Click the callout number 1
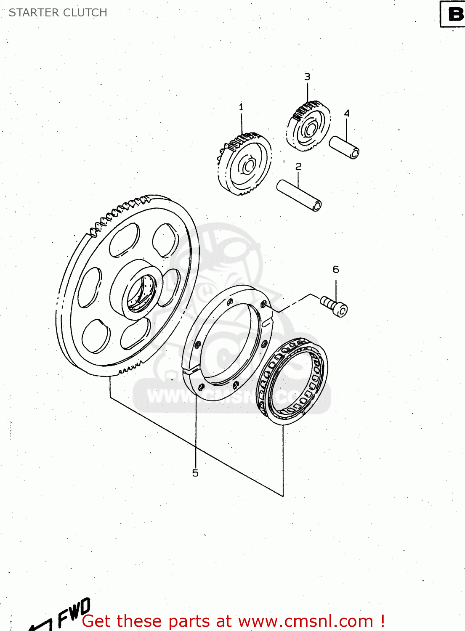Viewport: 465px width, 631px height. [x=241, y=107]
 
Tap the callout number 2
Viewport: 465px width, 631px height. [x=298, y=167]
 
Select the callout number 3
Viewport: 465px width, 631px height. [x=307, y=77]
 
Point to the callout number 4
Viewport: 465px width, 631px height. [x=347, y=113]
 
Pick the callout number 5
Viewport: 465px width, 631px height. [x=195, y=473]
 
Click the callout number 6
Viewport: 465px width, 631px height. [x=336, y=269]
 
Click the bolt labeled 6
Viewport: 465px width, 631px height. [x=335, y=306]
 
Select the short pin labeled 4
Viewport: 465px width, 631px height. [x=344, y=147]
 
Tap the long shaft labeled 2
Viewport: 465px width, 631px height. [x=299, y=196]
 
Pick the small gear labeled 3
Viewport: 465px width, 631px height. [x=308, y=126]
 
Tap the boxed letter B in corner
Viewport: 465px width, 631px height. [x=455, y=14]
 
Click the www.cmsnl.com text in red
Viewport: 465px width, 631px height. [x=306, y=621]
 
